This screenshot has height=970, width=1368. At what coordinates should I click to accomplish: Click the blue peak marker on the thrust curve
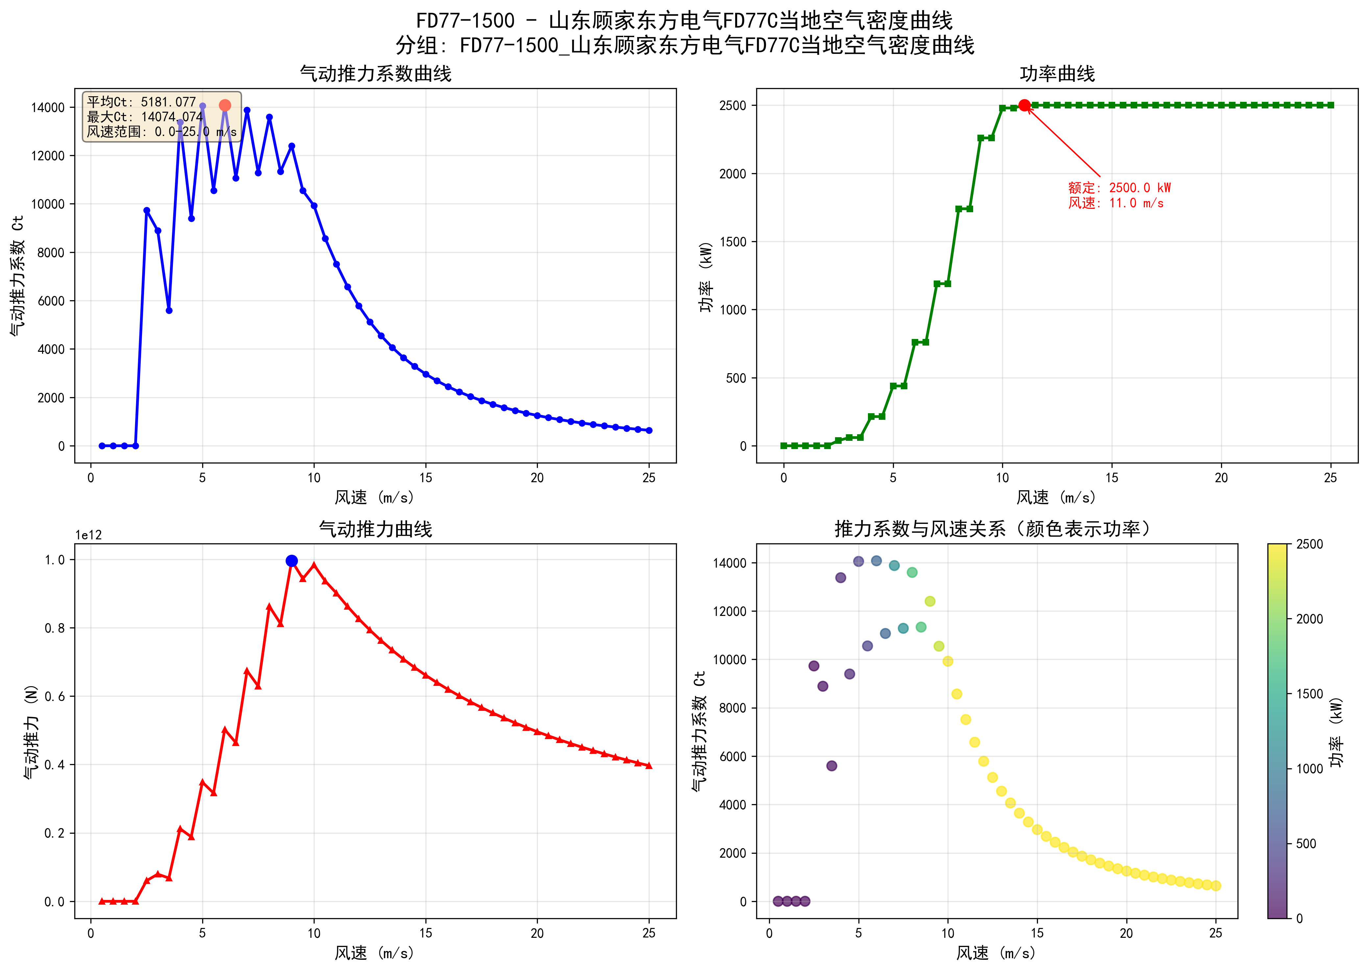(292, 561)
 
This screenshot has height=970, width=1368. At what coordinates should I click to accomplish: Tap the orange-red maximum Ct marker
(225, 105)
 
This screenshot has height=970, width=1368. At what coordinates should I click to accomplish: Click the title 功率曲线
(1057, 74)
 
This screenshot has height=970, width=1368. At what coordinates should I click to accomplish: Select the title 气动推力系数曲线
(375, 74)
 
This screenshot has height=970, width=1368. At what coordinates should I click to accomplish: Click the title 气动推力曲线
(375, 529)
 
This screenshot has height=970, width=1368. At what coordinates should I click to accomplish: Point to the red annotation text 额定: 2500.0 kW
(1119, 188)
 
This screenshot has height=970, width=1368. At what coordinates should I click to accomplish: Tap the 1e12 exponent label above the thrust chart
(88, 535)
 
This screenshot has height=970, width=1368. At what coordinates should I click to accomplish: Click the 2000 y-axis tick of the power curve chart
(733, 174)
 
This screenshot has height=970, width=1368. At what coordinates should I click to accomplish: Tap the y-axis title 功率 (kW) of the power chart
(707, 277)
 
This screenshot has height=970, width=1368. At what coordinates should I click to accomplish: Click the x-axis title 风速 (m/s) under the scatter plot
(996, 953)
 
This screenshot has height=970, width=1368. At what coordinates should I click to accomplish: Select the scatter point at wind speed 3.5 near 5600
(831, 766)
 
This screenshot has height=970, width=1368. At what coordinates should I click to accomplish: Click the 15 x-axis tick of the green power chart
(1112, 478)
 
